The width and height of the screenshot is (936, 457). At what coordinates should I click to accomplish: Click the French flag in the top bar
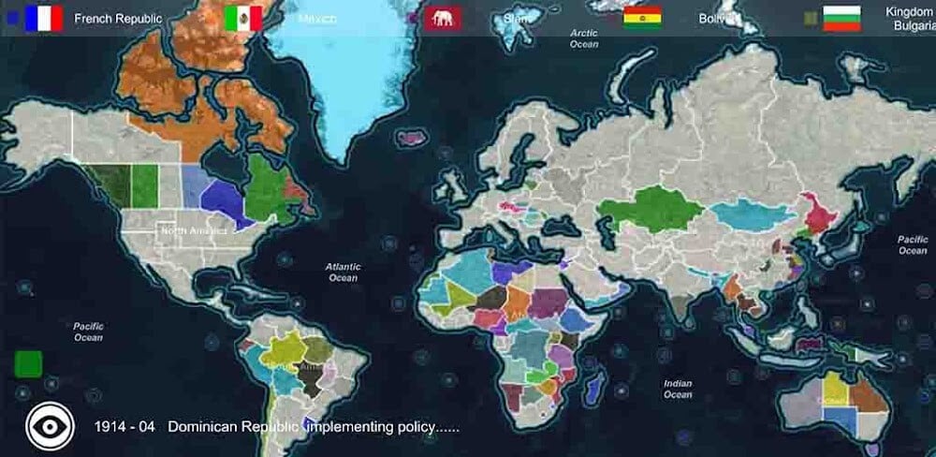pyautogui.click(x=44, y=18)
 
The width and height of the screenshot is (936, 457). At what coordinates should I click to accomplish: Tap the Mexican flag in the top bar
pyautogui.click(x=243, y=18)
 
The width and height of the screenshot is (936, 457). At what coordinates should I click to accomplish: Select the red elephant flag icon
pyautogui.click(x=442, y=18)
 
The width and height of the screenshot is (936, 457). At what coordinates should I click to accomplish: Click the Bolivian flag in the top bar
pyautogui.click(x=642, y=18)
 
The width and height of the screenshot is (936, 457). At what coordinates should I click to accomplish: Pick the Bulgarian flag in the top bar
pyautogui.click(x=841, y=18)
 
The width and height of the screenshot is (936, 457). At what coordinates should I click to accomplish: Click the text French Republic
pyautogui.click(x=118, y=19)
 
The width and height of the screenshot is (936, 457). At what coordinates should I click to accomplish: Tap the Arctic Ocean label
pyautogui.click(x=584, y=38)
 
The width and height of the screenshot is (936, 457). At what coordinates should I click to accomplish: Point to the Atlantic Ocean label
pyautogui.click(x=343, y=272)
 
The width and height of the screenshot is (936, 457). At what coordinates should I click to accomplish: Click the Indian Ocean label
pyautogui.click(x=678, y=389)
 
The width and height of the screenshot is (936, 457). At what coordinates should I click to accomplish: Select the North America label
pyautogui.click(x=194, y=230)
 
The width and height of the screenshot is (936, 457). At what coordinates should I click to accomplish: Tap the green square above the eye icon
pyautogui.click(x=29, y=363)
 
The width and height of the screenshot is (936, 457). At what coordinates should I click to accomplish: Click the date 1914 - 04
pyautogui.click(x=124, y=427)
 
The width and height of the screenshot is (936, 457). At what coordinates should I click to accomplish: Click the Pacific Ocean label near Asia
pyautogui.click(x=913, y=244)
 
